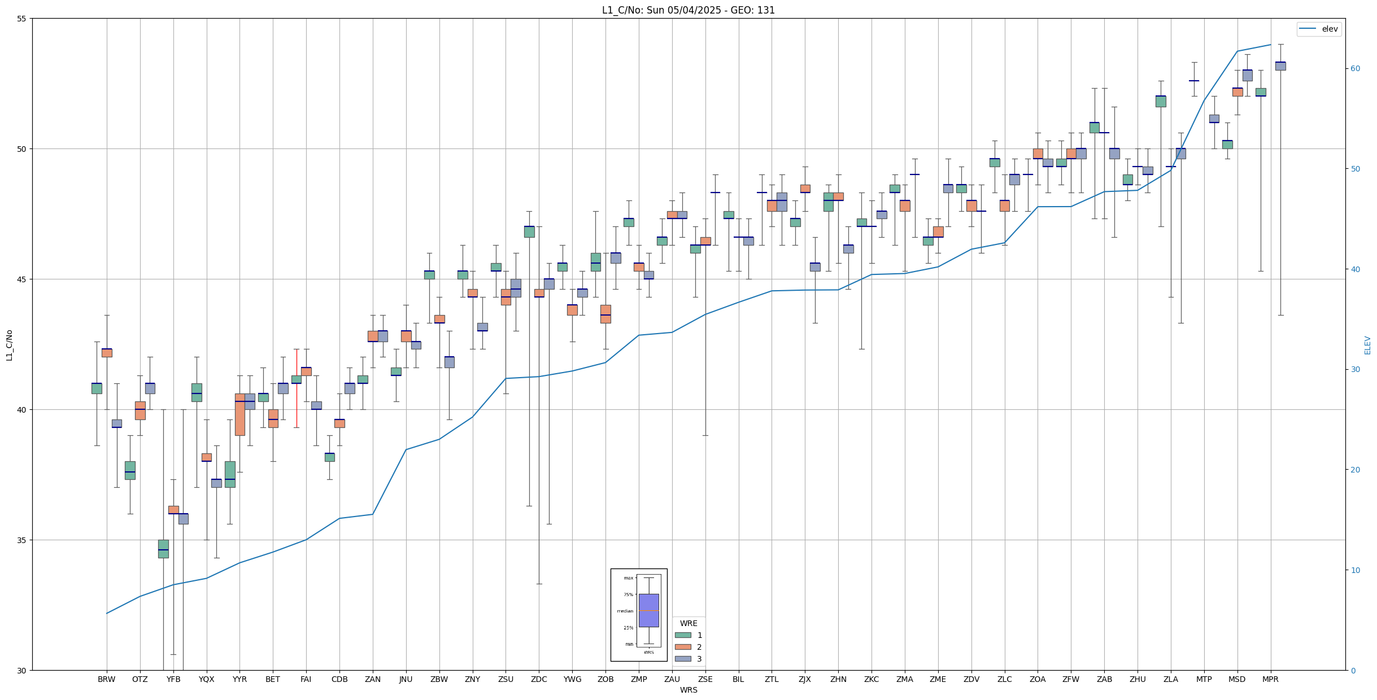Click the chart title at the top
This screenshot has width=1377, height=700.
point(688,10)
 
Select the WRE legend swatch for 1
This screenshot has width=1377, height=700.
point(683,635)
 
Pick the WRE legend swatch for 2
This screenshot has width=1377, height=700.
point(683,647)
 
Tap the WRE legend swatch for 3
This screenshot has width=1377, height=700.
point(683,659)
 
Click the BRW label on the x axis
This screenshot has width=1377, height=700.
point(106,679)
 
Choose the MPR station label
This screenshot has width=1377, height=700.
point(1270,679)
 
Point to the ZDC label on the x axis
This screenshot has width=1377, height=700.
point(539,679)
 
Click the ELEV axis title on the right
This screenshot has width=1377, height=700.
point(1367,345)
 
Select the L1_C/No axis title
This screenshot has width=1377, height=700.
point(9,345)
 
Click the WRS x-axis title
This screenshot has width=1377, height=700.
point(688,690)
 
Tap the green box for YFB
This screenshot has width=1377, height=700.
point(163,549)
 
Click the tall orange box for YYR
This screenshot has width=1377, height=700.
point(240,414)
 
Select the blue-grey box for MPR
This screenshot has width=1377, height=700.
point(1280,66)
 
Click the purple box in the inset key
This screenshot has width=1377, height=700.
point(648,610)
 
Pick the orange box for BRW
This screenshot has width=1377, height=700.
point(107,353)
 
